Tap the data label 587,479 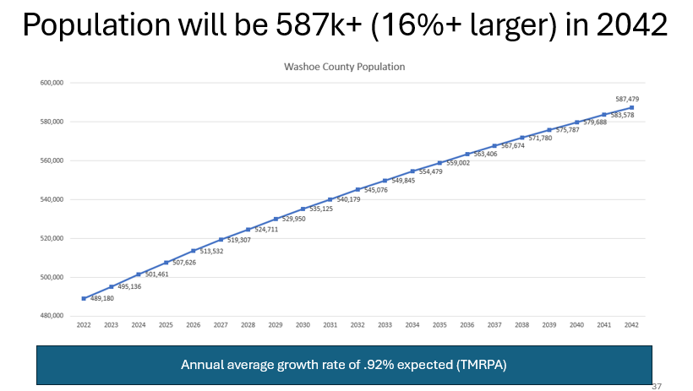pos(627,99)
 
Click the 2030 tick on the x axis pos(303,325)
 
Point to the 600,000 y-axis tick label pos(52,83)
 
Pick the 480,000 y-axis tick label pos(52,316)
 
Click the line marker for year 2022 pos(84,298)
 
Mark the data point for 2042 pos(631,107)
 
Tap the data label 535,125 pos(320,209)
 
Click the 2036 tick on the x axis pos(467,325)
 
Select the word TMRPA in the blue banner pos(479,365)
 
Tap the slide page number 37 pos(657,385)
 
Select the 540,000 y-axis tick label pos(52,199)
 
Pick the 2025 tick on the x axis pos(166,325)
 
